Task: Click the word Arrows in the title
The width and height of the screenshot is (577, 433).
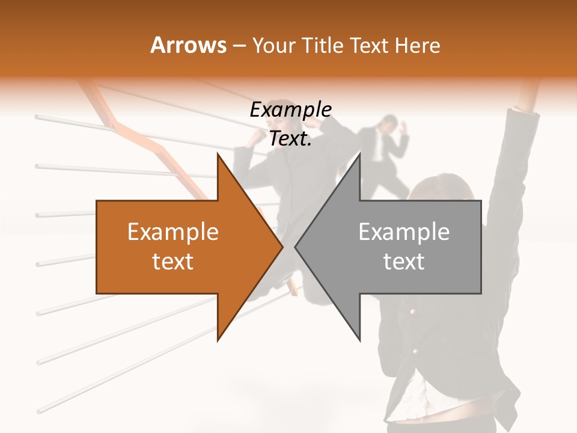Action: point(188,45)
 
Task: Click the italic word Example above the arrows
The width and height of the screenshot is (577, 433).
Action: point(290,110)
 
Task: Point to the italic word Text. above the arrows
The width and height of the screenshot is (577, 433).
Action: point(290,139)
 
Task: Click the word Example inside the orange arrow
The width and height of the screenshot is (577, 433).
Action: point(172,232)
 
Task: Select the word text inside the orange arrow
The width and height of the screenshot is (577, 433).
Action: point(172,262)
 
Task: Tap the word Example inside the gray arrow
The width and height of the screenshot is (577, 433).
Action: point(404,232)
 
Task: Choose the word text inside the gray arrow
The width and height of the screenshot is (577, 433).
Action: point(404,262)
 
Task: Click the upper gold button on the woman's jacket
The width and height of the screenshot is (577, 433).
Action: point(412,312)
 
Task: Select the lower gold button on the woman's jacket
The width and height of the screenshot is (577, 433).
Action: point(415,351)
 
